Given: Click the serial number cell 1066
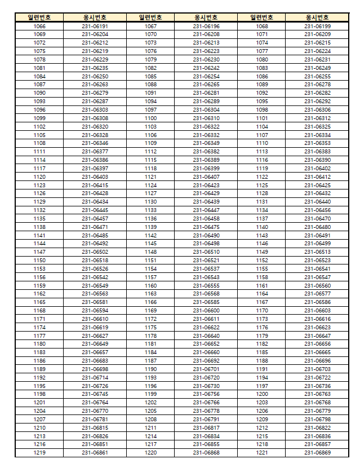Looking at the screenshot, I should [x=39, y=27].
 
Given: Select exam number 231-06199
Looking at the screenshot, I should [x=317, y=27].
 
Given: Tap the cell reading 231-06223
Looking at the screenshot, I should [x=206, y=51].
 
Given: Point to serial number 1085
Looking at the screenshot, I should [x=150, y=76].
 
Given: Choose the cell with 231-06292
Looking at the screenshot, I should [x=317, y=102].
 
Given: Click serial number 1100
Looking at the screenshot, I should [x=150, y=118].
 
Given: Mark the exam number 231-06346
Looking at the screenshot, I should [x=95, y=143].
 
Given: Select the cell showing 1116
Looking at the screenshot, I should [x=262, y=160].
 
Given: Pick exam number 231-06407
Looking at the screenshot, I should [x=206, y=177].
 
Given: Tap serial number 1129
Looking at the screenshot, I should [x=39, y=202].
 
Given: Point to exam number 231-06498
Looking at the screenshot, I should [x=206, y=244].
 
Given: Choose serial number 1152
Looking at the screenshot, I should [x=262, y=261].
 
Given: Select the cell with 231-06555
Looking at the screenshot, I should [x=206, y=285].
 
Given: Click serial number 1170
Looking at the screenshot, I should [x=262, y=311].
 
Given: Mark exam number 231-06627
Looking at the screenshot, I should [x=95, y=336].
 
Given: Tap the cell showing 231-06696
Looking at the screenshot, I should [x=317, y=360].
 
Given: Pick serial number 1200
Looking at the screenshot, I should [x=262, y=394].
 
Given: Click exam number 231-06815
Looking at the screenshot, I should [x=95, y=427].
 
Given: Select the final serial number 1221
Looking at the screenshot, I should [x=262, y=452].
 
